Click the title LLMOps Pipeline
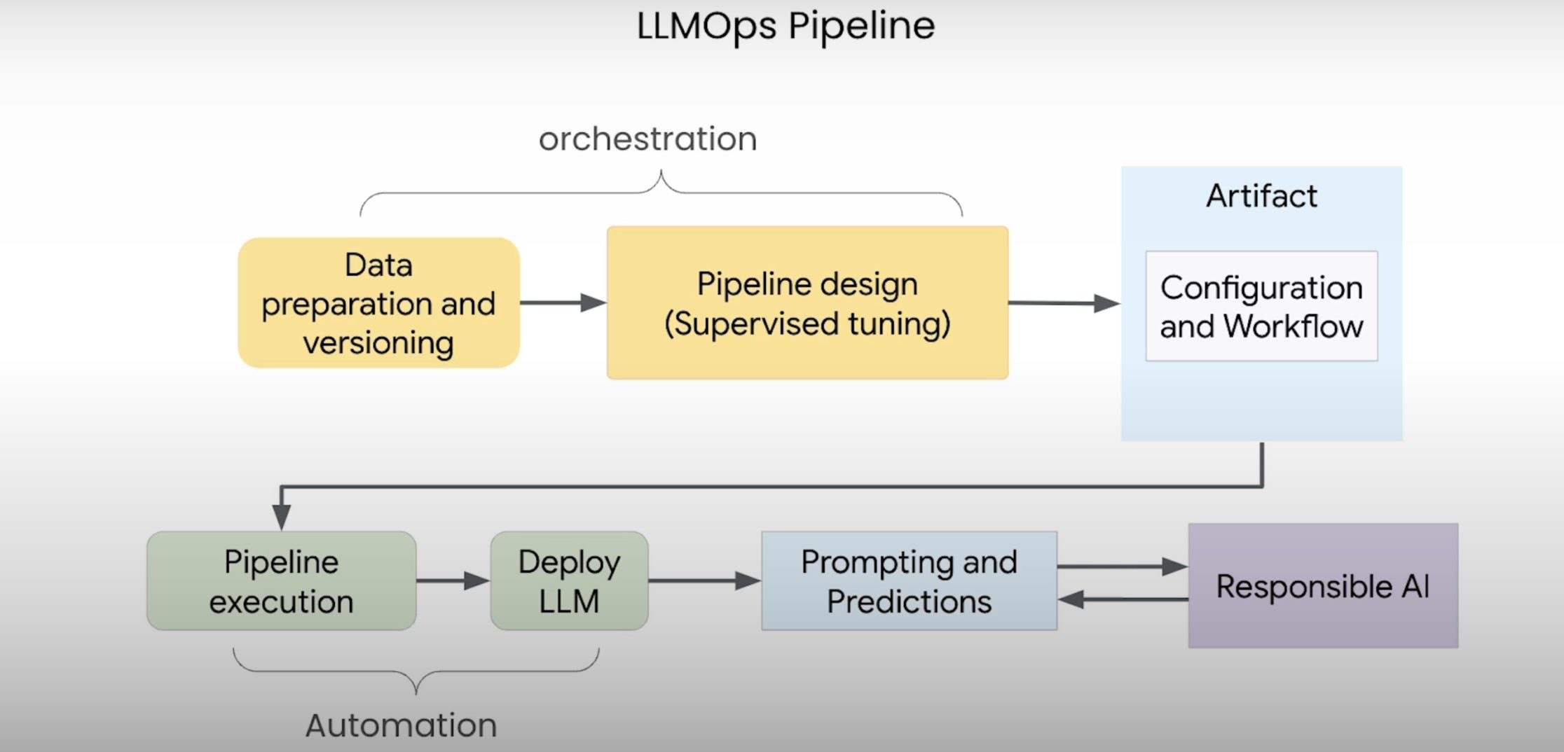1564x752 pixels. [x=785, y=27]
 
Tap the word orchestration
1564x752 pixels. [x=647, y=139]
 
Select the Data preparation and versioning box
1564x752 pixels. [x=378, y=302]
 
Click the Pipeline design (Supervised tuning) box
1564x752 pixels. [x=807, y=302]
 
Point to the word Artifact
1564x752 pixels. [x=1261, y=196]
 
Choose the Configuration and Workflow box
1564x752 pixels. [x=1261, y=307]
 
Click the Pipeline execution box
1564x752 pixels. [x=281, y=581]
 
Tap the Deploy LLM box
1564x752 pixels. [x=569, y=581]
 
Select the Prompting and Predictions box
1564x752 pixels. [x=909, y=581]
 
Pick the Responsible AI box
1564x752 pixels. [x=1323, y=586]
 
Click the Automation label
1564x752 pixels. [x=401, y=725]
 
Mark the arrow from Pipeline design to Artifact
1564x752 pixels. [x=1064, y=303]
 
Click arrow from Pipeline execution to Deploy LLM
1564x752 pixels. [x=453, y=580]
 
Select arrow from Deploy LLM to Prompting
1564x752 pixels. [x=704, y=580]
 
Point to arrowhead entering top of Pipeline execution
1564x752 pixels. [x=281, y=517]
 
